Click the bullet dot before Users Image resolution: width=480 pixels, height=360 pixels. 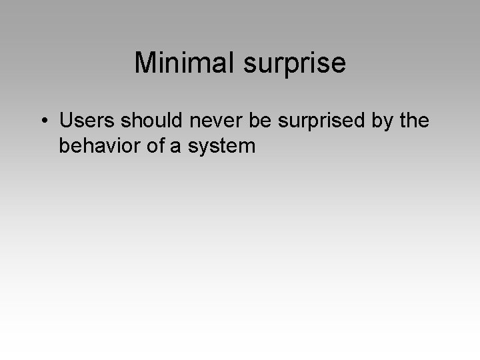(x=43, y=121)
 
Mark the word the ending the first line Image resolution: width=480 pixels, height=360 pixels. (x=415, y=121)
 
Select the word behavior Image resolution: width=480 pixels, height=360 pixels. (x=100, y=145)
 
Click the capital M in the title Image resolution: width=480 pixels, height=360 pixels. (x=145, y=63)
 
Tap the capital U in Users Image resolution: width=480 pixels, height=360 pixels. (x=66, y=121)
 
